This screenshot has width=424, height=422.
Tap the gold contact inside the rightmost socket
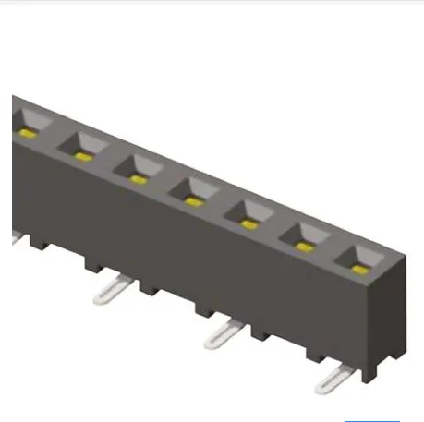359,269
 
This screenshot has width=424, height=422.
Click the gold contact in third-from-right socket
248,223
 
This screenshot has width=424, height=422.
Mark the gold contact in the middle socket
192,200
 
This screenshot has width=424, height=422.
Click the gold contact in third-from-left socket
138,178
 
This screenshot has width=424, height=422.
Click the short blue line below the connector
372,418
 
